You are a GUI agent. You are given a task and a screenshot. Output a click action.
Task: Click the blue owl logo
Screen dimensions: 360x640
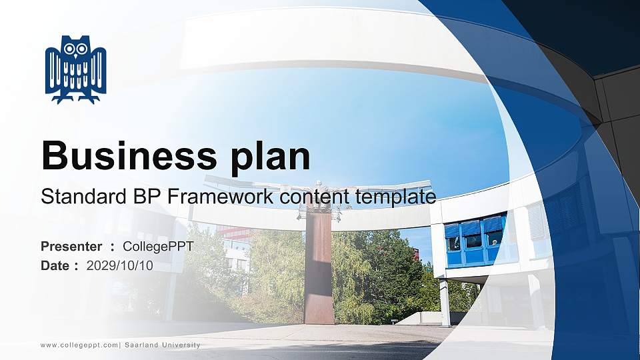[x=75, y=69]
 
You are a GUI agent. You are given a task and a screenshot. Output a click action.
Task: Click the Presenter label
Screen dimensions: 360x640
[x=71, y=247]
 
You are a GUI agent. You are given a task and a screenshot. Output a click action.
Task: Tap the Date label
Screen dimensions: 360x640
[x=55, y=266]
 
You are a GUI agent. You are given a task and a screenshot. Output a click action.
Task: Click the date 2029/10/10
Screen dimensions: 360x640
[x=120, y=266]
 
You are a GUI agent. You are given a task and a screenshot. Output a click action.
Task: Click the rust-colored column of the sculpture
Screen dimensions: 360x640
[x=318, y=267]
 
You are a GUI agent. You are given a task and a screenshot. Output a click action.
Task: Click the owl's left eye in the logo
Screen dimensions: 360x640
[x=69, y=49]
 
